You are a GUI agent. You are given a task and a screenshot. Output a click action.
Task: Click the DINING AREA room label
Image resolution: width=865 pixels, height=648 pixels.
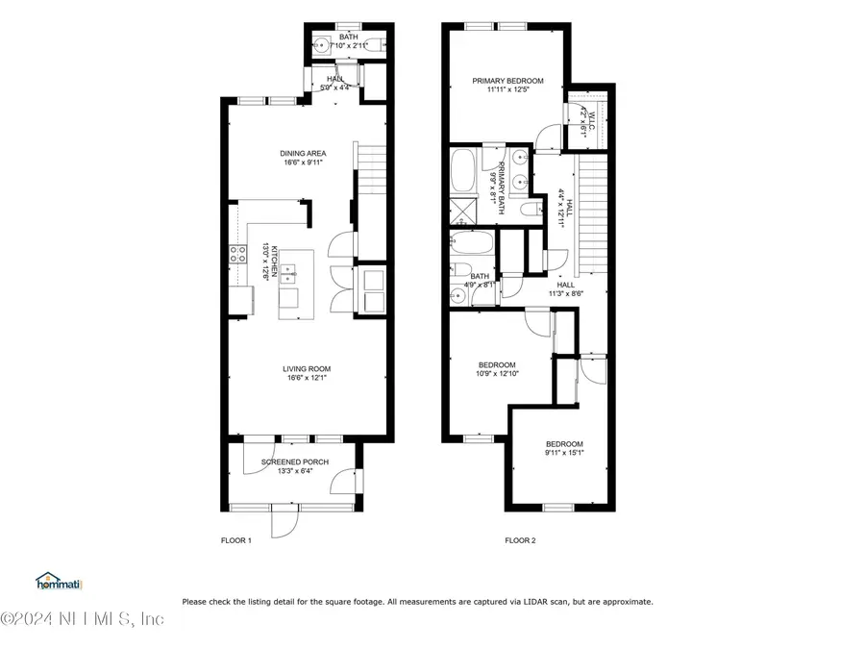coord(303,153)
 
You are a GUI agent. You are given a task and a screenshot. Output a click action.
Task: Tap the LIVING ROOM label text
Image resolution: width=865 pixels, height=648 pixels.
coord(307,368)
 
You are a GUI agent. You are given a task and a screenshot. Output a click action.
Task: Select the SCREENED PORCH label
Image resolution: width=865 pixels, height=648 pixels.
coord(295,462)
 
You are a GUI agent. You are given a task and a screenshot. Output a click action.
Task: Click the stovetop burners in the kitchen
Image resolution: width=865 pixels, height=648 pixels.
coord(235,255)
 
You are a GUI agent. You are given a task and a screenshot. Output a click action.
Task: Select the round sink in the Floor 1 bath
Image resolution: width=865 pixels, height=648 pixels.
coord(318,44)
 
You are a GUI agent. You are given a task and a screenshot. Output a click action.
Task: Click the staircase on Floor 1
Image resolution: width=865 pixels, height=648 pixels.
coord(371,168)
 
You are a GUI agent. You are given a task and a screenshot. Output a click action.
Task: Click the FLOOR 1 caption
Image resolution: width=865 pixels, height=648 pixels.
coord(235,540)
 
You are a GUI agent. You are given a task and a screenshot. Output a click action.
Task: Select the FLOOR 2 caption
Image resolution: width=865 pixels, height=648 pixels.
coord(520,540)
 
